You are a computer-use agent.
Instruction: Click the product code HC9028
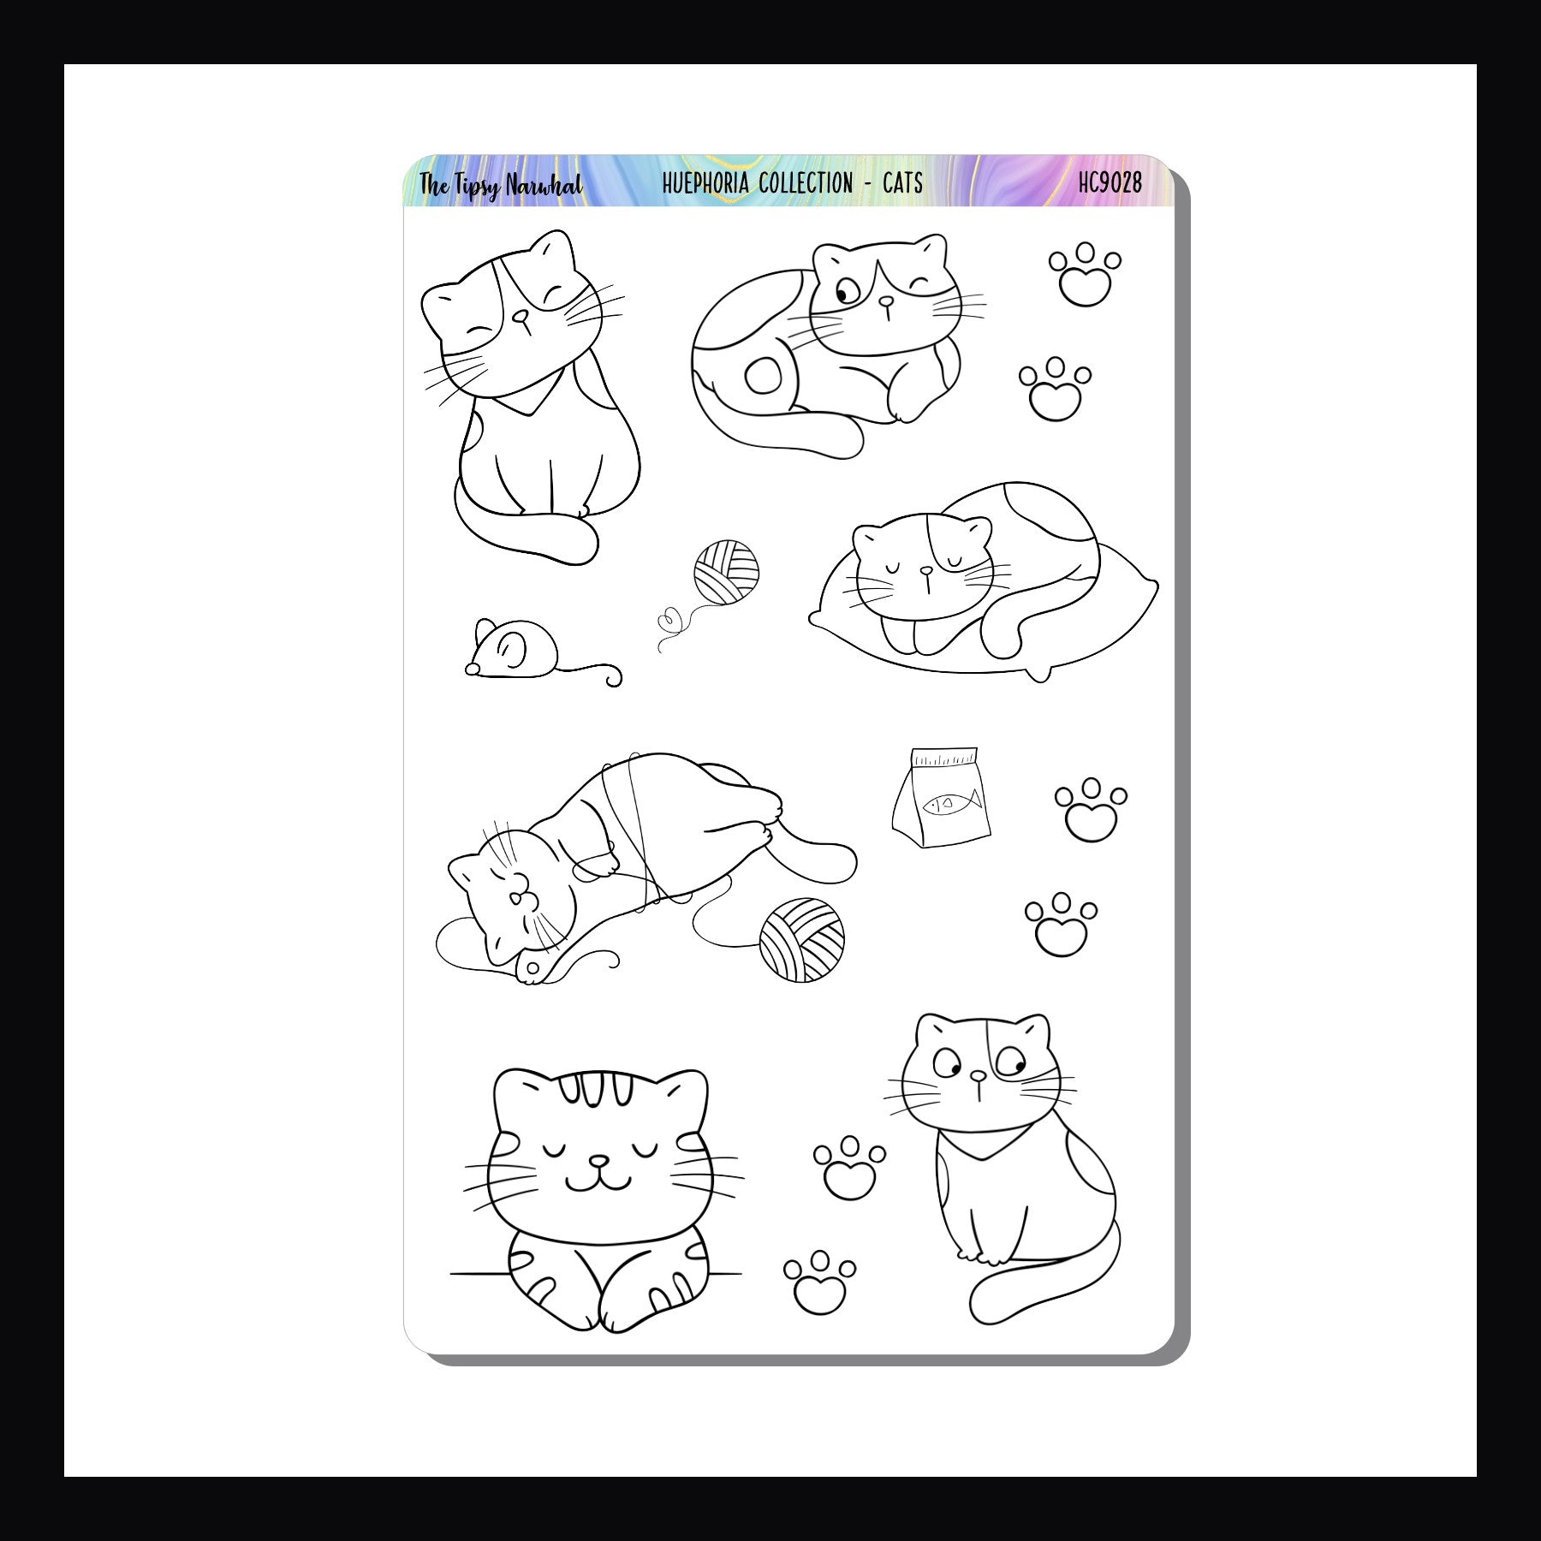pyautogui.click(x=1110, y=182)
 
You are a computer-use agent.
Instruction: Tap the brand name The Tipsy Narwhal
pyautogui.click(x=501, y=185)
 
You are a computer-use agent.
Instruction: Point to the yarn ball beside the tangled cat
pyautogui.click(x=801, y=938)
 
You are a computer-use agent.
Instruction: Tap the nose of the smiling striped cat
pyautogui.click(x=602, y=1162)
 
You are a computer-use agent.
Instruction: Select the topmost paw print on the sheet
pyautogui.click(x=1085, y=273)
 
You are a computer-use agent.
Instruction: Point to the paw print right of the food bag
pyautogui.click(x=1091, y=808)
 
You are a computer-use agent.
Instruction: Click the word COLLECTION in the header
pyautogui.click(x=804, y=182)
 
